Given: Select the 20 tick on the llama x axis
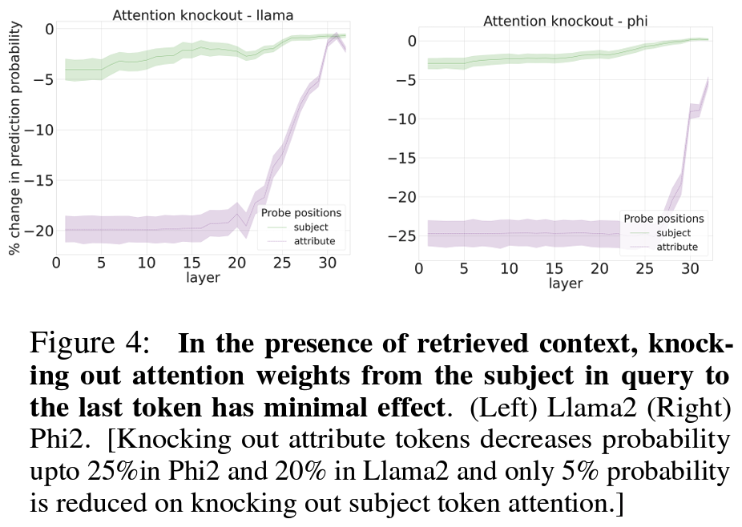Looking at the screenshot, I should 235,263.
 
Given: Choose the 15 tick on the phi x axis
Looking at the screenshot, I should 554,269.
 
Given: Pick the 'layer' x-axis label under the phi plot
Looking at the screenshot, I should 566,284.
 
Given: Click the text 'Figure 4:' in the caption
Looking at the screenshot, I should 89,344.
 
